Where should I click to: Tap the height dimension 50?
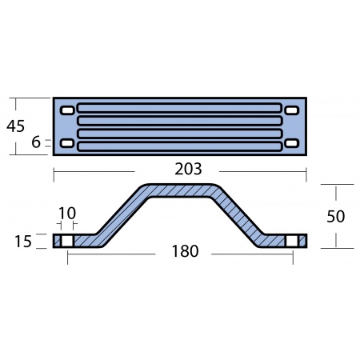[337, 216]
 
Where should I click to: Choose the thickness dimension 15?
[24, 241]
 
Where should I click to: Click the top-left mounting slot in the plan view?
[68, 110]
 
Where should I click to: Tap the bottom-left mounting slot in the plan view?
[68, 143]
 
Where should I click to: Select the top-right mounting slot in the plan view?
[291, 110]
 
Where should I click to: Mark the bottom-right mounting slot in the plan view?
[291, 143]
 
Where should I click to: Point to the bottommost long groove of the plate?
[179, 145]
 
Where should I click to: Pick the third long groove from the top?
[179, 133]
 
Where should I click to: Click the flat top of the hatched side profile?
[179, 190]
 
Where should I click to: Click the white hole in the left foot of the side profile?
[67, 241]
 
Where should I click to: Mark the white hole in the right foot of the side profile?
[293, 241]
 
